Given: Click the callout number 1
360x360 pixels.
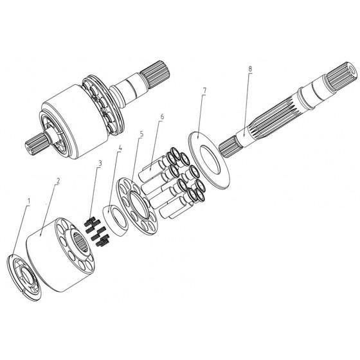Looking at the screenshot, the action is pos(29,201).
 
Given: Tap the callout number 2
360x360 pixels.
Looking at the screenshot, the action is pos(58,181).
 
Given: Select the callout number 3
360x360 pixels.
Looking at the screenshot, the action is pos(100,163).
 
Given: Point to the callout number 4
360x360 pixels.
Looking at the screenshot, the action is pos(120,148).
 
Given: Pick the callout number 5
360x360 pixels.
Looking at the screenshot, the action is pos(141,134).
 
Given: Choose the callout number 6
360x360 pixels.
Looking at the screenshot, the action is pos(162,116).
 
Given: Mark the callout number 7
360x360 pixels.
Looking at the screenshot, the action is pos(204,91).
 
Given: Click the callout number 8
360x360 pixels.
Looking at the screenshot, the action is pos(250,69).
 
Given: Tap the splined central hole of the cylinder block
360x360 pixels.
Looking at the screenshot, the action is pos(80,241).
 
